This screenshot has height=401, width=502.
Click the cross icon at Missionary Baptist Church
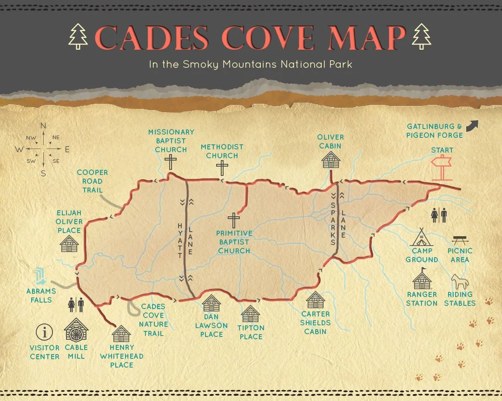pyautogui.click(x=171, y=162)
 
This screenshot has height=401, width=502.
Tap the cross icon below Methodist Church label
pyautogui.click(x=222, y=168)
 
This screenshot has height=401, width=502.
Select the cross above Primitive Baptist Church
pyautogui.click(x=234, y=220)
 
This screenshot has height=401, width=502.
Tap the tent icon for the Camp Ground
pyautogui.click(x=422, y=238)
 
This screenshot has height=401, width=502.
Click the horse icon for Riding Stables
pyautogui.click(x=460, y=281)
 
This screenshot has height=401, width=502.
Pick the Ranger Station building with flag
pyautogui.click(x=422, y=279)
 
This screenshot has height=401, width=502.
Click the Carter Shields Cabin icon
pyautogui.click(x=316, y=300)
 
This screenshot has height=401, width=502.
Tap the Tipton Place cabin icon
pyautogui.click(x=251, y=314)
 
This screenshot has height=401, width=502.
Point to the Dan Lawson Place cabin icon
pyautogui.click(x=211, y=304)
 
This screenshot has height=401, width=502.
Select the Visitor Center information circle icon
pyautogui.click(x=45, y=332)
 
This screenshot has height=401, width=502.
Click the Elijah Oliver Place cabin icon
pyautogui.click(x=69, y=243)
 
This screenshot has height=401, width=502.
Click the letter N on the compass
pyautogui.click(x=43, y=126)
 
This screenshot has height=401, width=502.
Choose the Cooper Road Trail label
pyautogui.click(x=92, y=181)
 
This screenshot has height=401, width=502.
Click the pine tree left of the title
pyautogui.click(x=78, y=36)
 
